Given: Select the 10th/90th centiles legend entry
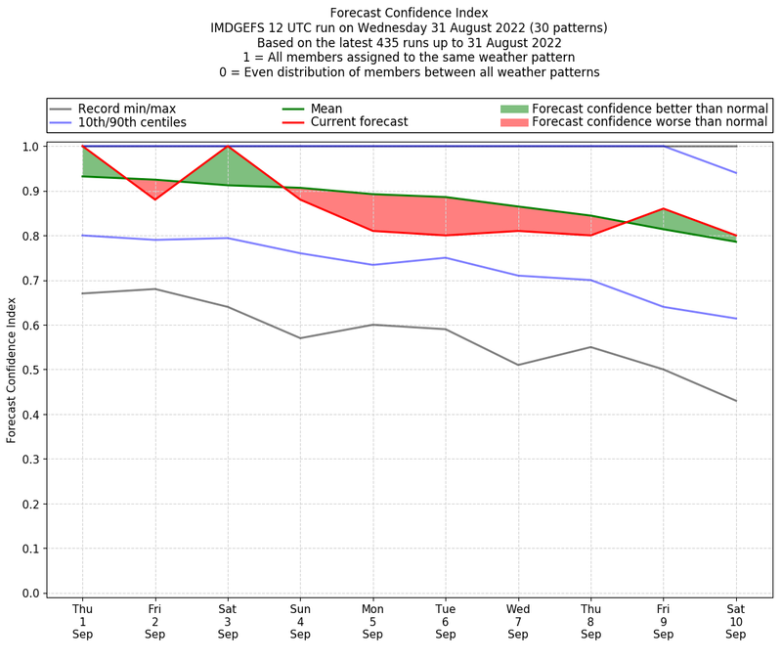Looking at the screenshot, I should pyautogui.click(x=132, y=122).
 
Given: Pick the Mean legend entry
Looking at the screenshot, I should pyautogui.click(x=326, y=109).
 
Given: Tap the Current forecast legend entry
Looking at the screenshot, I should pyautogui.click(x=359, y=122).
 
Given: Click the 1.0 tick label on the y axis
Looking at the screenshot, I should pyautogui.click(x=30, y=147).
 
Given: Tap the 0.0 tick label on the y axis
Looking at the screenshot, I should pyautogui.click(x=30, y=594).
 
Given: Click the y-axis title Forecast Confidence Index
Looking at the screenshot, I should pyautogui.click(x=12, y=370).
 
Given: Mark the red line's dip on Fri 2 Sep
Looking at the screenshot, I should pyautogui.click(x=154, y=199).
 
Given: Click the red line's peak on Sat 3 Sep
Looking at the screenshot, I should pyautogui.click(x=228, y=147).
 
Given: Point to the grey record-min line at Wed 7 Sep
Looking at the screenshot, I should pyautogui.click(x=518, y=365).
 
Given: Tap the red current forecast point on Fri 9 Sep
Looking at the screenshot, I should pyautogui.click(x=664, y=208).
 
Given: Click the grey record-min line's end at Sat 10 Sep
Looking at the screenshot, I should pyautogui.click(x=736, y=401).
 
